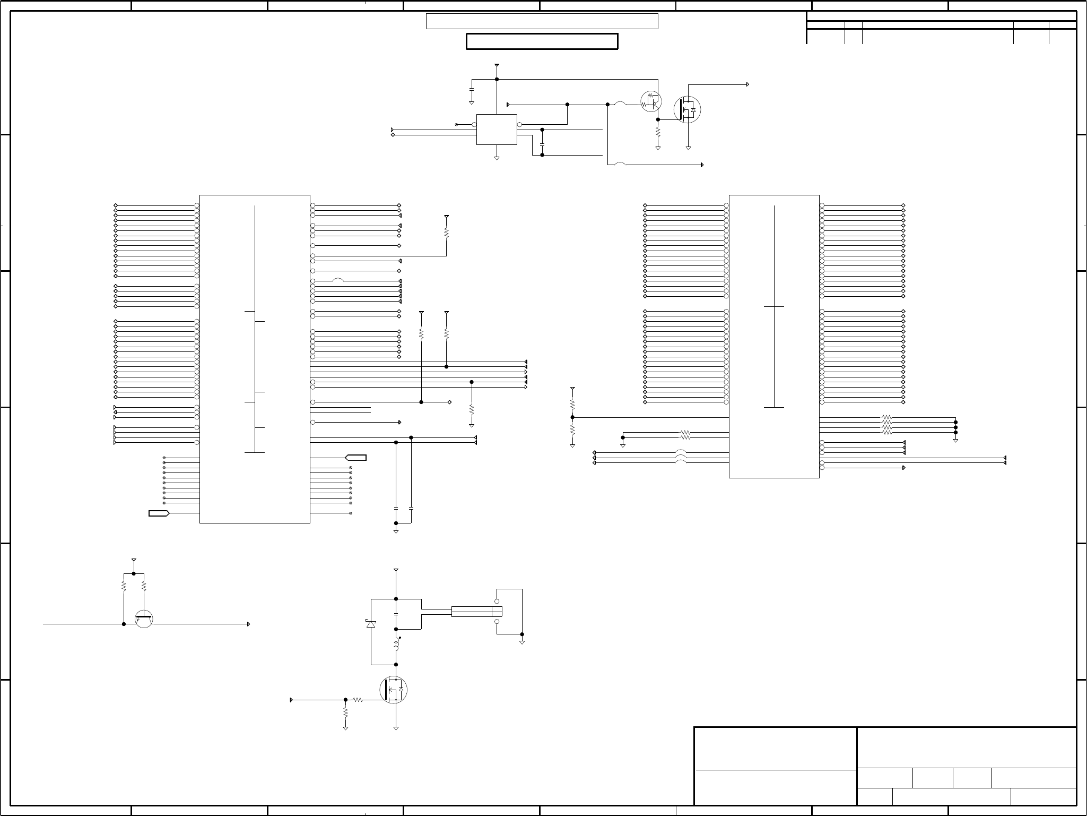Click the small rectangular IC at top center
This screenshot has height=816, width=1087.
tap(497, 129)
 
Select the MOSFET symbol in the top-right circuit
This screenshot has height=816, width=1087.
tap(687, 109)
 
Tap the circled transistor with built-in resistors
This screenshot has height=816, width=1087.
tap(651, 101)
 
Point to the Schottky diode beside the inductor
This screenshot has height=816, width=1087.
tap(371, 624)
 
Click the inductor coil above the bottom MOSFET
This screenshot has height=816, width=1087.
tap(396, 646)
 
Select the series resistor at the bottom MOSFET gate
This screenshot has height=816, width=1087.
tap(358, 700)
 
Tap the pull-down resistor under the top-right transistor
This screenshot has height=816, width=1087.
tap(658, 131)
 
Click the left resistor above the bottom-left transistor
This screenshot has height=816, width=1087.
tap(124, 586)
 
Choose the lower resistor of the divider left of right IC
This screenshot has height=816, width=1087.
tap(572, 429)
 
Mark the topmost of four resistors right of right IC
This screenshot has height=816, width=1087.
tap(886, 418)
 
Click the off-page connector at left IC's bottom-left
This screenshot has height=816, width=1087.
tap(159, 513)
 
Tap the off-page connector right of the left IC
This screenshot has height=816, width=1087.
tap(356, 458)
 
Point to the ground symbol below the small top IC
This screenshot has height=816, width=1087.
tap(497, 158)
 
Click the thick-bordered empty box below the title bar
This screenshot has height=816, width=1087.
tap(542, 41)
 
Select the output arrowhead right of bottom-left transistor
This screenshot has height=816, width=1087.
tap(249, 624)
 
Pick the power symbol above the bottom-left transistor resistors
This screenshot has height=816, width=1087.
tap(134, 560)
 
